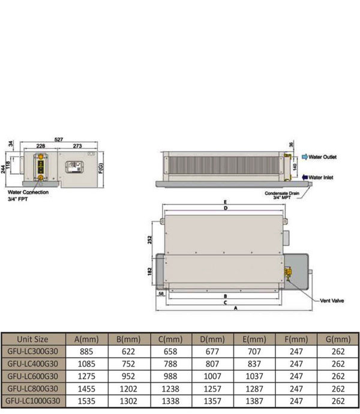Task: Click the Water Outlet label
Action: point(323,157)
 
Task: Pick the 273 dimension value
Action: point(77,146)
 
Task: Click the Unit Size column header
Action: point(33,339)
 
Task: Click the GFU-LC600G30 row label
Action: point(33,376)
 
